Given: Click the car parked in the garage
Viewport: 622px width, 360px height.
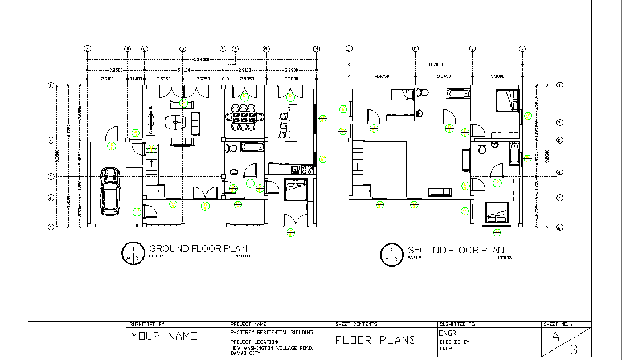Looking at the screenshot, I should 110,191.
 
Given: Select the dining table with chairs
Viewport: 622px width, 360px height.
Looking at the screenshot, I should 244,117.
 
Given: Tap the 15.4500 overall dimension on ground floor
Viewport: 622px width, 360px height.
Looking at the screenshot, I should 202,59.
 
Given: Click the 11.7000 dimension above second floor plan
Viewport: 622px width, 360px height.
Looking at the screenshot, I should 435,65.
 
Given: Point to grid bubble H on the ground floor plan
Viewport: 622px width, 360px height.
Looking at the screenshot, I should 316,49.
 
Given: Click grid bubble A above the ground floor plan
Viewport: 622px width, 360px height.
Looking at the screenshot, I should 87,49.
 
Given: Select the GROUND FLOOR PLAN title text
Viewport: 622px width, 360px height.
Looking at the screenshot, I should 198,248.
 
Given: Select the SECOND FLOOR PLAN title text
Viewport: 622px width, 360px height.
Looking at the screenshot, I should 455,249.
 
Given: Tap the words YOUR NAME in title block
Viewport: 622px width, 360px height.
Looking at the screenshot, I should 164,336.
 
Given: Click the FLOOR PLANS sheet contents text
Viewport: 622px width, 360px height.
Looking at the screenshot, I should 375,340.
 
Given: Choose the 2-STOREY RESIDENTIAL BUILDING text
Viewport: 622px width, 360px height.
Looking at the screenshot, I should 271,332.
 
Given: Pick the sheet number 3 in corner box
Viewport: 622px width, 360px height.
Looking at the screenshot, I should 574,349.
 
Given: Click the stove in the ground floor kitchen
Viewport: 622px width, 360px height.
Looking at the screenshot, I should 306,169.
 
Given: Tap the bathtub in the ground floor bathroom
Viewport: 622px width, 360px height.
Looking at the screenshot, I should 252,147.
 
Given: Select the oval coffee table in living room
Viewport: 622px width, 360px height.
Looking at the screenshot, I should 175,121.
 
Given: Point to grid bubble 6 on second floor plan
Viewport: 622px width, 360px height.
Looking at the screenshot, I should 559,227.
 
